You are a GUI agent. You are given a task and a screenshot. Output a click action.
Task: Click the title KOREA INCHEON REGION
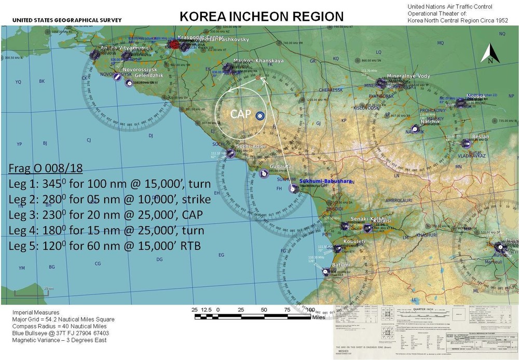[x=261, y=16]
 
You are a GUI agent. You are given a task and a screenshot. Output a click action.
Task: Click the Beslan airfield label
[x=480, y=137]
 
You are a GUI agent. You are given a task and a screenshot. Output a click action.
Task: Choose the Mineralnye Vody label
[x=409, y=76]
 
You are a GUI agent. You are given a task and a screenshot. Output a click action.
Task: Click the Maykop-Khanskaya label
[x=258, y=61]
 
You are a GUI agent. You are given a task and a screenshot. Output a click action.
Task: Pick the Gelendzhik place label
[x=149, y=76]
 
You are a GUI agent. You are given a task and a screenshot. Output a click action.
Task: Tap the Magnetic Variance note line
[x=59, y=340]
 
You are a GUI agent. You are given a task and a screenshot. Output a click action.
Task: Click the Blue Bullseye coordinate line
[x=61, y=333]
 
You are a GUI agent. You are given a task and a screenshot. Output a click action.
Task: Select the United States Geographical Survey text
[x=61, y=20]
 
